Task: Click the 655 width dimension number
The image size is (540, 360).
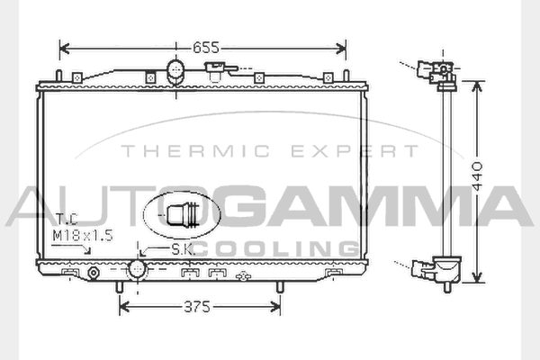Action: click(x=206, y=48)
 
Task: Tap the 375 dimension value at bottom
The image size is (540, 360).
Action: click(x=197, y=307)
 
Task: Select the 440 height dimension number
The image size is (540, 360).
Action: click(x=477, y=175)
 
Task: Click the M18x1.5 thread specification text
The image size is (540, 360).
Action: click(x=83, y=236)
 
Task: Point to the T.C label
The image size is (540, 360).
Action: click(x=67, y=219)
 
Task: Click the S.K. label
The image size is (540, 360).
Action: click(x=183, y=250)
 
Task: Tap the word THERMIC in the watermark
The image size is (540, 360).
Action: click(x=195, y=151)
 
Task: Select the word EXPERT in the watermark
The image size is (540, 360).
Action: click(x=355, y=151)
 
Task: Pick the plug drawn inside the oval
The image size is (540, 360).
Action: click(x=184, y=215)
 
